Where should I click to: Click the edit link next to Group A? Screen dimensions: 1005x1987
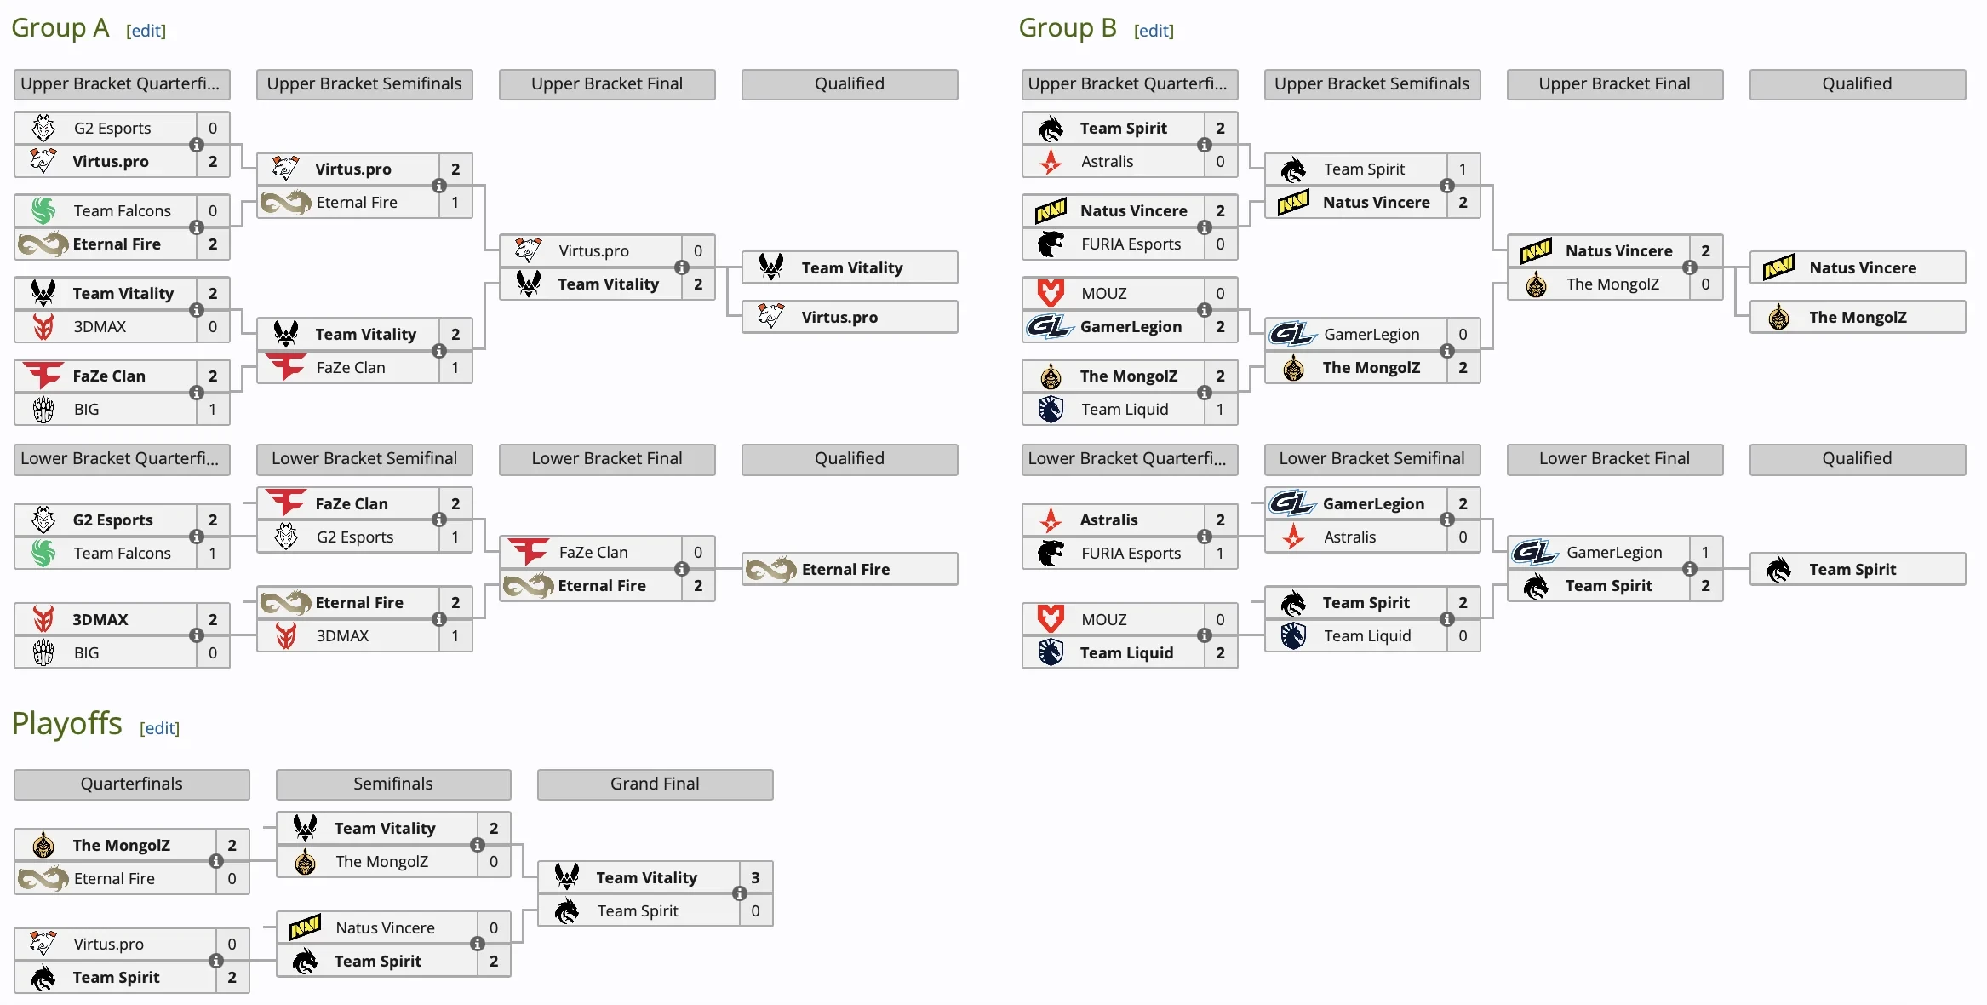point(146,31)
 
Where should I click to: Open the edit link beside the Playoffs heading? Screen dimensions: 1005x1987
point(159,728)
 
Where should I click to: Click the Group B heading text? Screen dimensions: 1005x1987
point(1067,28)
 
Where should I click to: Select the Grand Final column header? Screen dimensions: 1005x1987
point(655,784)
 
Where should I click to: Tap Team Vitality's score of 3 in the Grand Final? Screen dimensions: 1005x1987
point(755,877)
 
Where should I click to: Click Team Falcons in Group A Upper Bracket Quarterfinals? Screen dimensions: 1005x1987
point(122,210)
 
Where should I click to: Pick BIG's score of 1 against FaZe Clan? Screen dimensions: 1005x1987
point(213,409)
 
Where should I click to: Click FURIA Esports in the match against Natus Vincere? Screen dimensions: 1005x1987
point(1131,244)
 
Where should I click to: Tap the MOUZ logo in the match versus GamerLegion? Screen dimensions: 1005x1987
point(1051,293)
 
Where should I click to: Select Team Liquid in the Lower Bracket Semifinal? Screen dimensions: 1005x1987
point(1366,635)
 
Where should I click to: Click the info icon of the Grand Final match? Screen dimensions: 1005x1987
point(739,893)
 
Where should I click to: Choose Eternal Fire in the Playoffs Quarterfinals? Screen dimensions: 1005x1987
point(114,878)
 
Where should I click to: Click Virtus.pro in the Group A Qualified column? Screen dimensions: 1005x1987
point(839,317)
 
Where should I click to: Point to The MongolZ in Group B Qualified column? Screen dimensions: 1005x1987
point(1858,317)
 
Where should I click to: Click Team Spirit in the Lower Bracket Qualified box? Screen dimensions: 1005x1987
point(1852,569)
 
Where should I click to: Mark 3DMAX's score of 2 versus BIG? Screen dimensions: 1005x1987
point(213,619)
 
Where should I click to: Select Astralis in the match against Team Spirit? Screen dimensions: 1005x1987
point(1107,161)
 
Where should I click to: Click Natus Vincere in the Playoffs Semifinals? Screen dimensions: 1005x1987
point(385,927)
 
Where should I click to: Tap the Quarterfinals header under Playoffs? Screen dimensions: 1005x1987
point(131,784)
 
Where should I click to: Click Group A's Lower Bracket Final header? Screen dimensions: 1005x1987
point(606,458)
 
